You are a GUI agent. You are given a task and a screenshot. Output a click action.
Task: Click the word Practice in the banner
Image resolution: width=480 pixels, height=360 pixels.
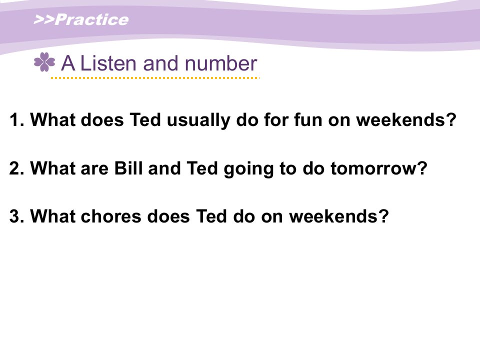coord(92,20)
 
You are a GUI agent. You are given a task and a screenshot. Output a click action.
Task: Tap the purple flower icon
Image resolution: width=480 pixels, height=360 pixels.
coord(44,62)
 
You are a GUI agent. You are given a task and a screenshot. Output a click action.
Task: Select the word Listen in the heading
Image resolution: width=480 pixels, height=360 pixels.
coord(108,63)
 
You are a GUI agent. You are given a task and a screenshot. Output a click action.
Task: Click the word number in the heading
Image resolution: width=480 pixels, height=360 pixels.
coord(220,63)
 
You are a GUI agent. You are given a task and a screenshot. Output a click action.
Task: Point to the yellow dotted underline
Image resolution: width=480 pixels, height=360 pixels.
coord(155,78)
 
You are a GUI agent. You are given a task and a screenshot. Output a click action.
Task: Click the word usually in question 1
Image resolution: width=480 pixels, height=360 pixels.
coord(198,120)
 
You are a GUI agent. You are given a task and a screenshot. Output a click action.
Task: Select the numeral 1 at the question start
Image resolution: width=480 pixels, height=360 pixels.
coord(14,119)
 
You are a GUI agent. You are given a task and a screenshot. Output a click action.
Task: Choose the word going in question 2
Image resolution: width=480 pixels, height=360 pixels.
coord(248,169)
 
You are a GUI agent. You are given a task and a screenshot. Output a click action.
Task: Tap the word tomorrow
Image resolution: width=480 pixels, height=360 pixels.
coord(373,168)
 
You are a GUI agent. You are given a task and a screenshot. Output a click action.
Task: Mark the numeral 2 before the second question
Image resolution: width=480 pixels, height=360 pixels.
coord(14,168)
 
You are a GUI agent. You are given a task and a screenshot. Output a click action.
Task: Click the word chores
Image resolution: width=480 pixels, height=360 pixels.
coord(111,216)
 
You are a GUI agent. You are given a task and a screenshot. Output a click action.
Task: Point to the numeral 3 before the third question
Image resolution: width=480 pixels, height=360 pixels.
coord(14,216)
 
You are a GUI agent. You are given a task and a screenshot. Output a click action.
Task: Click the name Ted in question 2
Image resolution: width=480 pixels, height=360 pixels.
coord(202,168)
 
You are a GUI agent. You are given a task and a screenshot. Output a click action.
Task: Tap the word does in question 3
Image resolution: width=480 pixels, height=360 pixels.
coord(168,216)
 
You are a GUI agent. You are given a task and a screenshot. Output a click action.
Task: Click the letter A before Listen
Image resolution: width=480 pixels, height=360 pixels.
coord(68,63)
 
